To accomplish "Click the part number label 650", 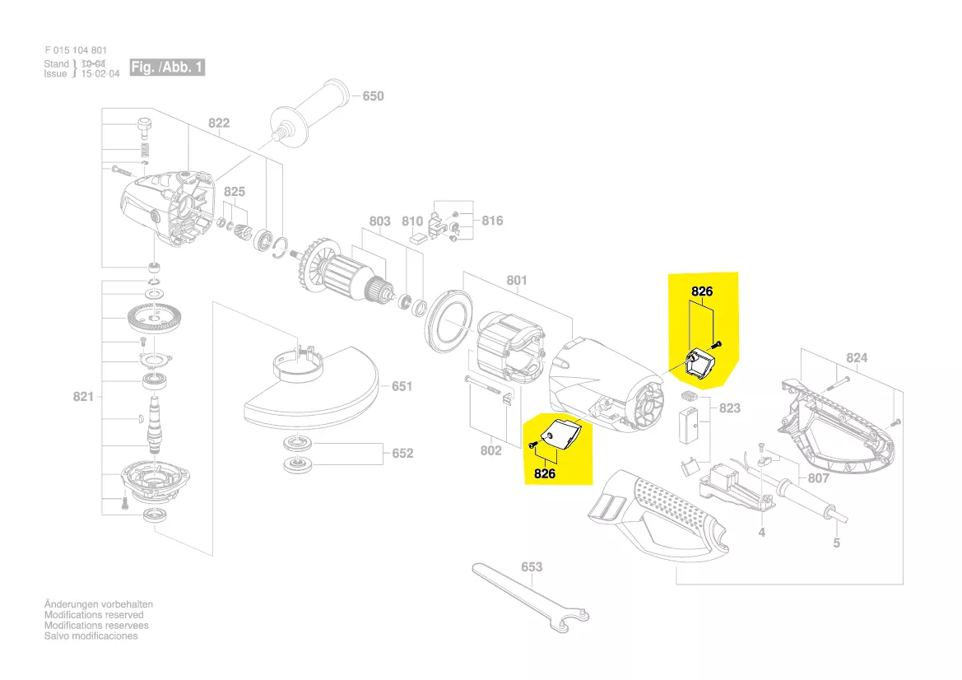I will coord(373,96).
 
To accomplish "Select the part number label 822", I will coord(218,123).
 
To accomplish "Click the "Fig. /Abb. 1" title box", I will coord(167,68).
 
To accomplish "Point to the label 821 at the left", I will coord(83,398).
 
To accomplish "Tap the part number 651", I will coord(402,386).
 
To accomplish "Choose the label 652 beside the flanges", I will coord(402,454).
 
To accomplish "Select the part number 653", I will coord(532,566).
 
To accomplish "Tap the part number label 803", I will coord(379,221).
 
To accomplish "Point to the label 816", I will coord(492,221).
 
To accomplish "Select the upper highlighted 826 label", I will coord(701,291).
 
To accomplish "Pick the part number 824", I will coord(857,358).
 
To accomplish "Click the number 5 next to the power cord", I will coord(836,543).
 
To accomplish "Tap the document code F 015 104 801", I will coord(76,50).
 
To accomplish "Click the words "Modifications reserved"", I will coord(94,615).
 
